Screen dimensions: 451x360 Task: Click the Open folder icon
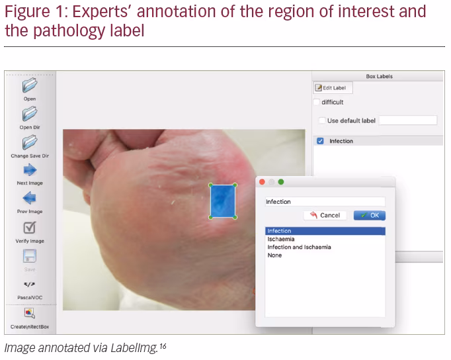click(x=30, y=85)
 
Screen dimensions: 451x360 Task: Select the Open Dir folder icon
click(x=30, y=114)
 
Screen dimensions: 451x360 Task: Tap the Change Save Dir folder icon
click(x=30, y=142)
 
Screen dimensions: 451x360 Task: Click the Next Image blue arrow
click(x=30, y=170)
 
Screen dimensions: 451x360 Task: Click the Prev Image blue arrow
click(x=30, y=198)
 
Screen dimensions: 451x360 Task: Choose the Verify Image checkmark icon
click(x=30, y=228)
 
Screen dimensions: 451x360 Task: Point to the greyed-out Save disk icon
click(x=30, y=256)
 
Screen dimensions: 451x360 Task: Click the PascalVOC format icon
click(x=30, y=285)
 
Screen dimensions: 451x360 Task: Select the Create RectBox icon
click(x=30, y=313)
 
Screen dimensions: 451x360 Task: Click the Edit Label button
click(x=333, y=88)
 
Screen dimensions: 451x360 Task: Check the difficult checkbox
click(x=316, y=102)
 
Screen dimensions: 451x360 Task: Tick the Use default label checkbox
click(x=322, y=120)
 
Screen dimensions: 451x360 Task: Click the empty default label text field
click(x=408, y=120)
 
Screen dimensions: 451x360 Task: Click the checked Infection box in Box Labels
click(x=320, y=141)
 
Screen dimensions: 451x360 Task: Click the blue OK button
click(x=369, y=215)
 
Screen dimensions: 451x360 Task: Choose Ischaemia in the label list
click(x=281, y=239)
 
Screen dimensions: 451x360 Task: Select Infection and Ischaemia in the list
click(x=299, y=247)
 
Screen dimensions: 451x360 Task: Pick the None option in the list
click(x=274, y=255)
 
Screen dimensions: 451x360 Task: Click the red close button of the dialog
click(x=262, y=182)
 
